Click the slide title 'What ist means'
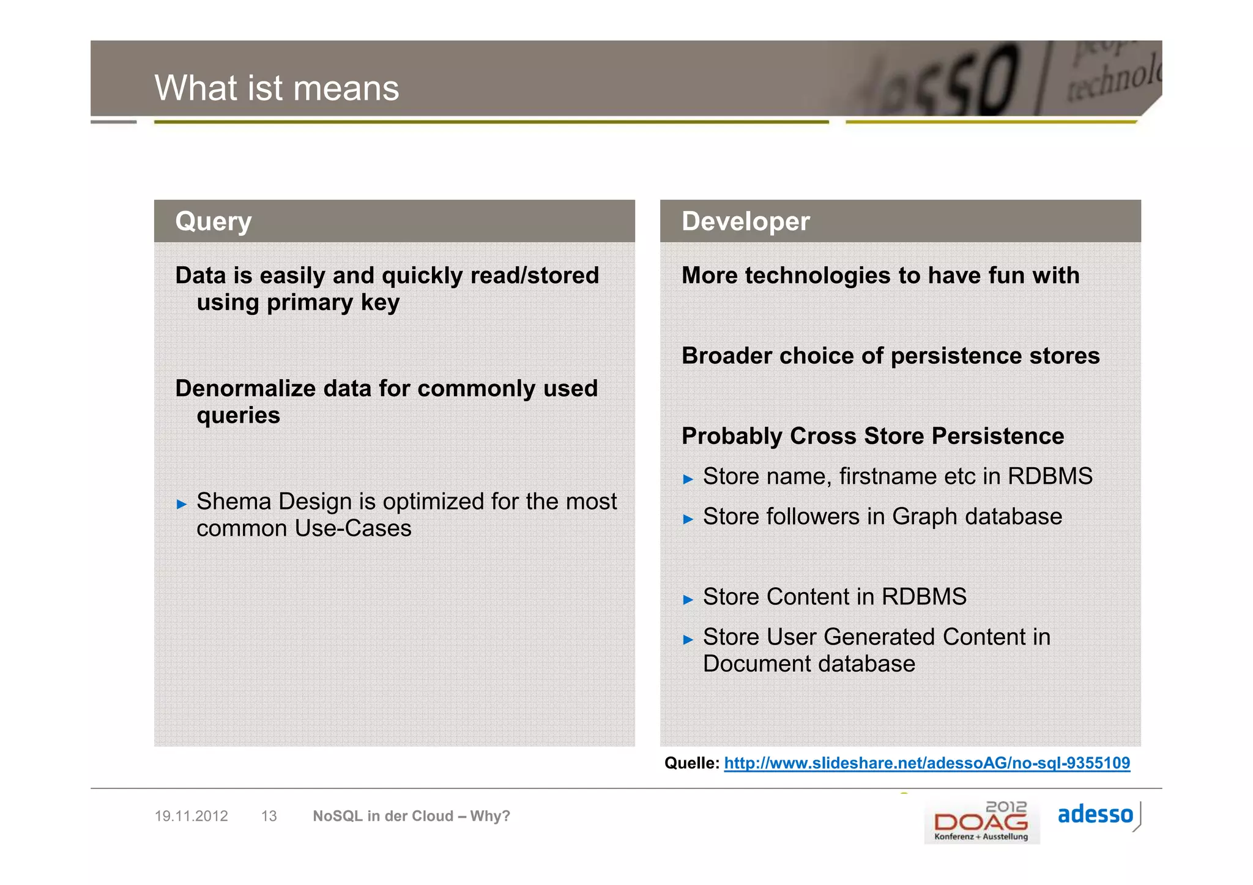pyautogui.click(x=277, y=88)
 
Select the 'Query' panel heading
pyautogui.click(x=213, y=221)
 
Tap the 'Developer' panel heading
pyautogui.click(x=745, y=221)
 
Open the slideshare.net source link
pyautogui.click(x=926, y=763)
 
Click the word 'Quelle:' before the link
pyautogui.click(x=691, y=763)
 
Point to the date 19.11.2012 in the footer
pyautogui.click(x=191, y=816)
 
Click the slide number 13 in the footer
pyautogui.click(x=269, y=816)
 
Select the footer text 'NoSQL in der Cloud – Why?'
pyautogui.click(x=411, y=816)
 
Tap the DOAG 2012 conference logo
pyautogui.click(x=981, y=822)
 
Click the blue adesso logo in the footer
pyautogui.click(x=1095, y=815)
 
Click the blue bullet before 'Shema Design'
pyautogui.click(x=181, y=505)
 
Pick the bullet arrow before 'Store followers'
pyautogui.click(x=688, y=519)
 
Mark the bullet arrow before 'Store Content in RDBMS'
pyautogui.click(x=688, y=599)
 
